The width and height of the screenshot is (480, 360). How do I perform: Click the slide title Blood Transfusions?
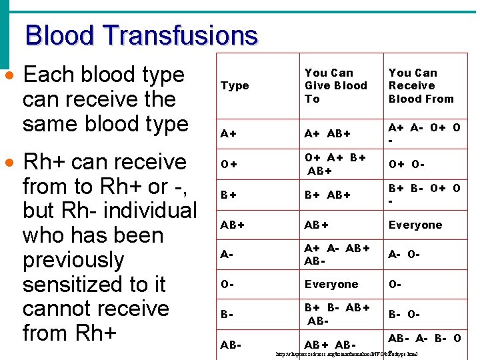[141, 35]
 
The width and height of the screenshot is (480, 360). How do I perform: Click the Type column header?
[234, 85]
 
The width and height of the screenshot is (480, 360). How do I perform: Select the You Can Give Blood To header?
[335, 85]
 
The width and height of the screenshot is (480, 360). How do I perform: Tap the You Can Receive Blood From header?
[421, 85]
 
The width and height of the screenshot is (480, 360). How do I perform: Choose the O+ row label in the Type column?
[228, 165]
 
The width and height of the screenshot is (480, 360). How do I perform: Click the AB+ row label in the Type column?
[232, 225]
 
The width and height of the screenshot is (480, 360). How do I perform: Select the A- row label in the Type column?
[227, 254]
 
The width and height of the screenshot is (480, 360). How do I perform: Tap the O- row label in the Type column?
[227, 284]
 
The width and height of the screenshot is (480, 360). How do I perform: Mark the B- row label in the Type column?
[227, 313]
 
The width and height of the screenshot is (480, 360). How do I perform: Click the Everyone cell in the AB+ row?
[415, 225]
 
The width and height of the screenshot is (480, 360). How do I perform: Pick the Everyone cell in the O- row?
[331, 284]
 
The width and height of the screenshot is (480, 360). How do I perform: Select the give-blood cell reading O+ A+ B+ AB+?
[335, 164]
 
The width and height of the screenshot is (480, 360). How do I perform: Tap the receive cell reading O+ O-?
[406, 165]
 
